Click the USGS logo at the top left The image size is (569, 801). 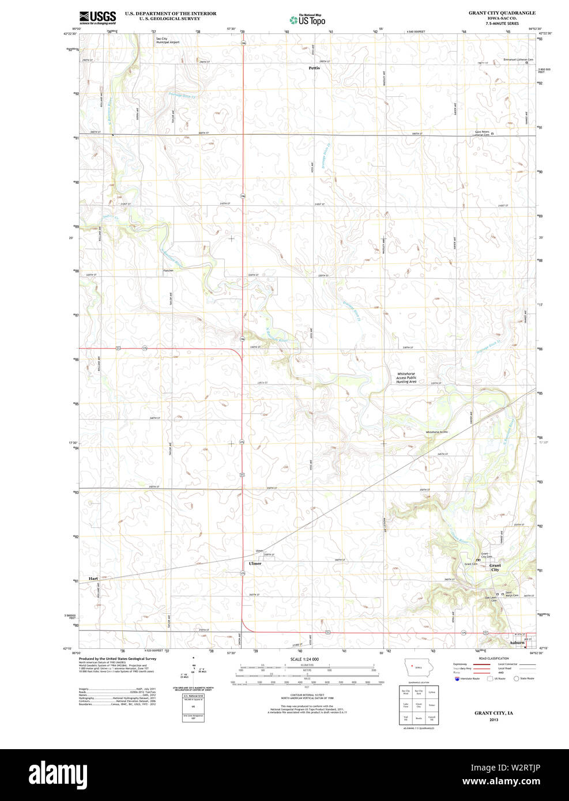click(97, 17)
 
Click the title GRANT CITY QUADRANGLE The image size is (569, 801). click(502, 13)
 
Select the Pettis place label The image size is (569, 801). click(314, 68)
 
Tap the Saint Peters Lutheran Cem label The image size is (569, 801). click(481, 133)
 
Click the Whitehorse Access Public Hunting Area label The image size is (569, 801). click(406, 377)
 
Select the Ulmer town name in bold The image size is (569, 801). click(255, 563)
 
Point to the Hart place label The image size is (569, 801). click(93, 578)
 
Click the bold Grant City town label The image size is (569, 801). click(495, 567)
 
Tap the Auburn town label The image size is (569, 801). click(517, 643)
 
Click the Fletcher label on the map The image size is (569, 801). click(168, 270)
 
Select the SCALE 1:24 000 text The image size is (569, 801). click(304, 659)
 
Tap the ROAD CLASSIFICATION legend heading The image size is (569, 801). click(493, 658)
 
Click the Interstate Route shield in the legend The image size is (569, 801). click(457, 679)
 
